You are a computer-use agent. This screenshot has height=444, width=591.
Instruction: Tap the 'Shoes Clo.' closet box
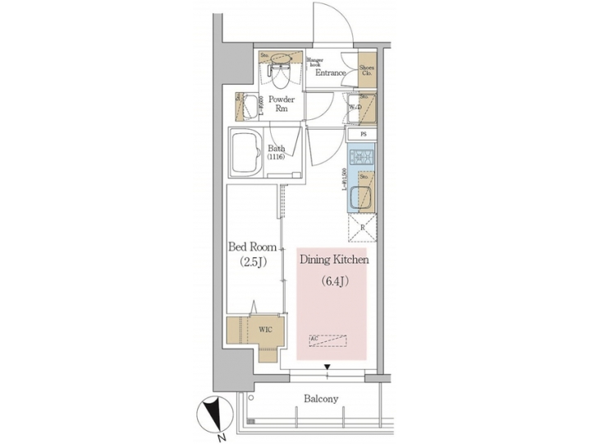click(367, 70)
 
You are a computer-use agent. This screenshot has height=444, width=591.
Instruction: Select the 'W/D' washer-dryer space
click(362, 107)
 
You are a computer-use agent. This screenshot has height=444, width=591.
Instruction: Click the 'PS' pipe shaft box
click(362, 135)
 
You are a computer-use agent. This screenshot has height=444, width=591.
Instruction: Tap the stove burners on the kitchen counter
click(362, 155)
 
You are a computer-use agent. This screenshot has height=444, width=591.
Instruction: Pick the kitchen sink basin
click(362, 198)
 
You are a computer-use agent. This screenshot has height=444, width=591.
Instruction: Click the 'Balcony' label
click(320, 400)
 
